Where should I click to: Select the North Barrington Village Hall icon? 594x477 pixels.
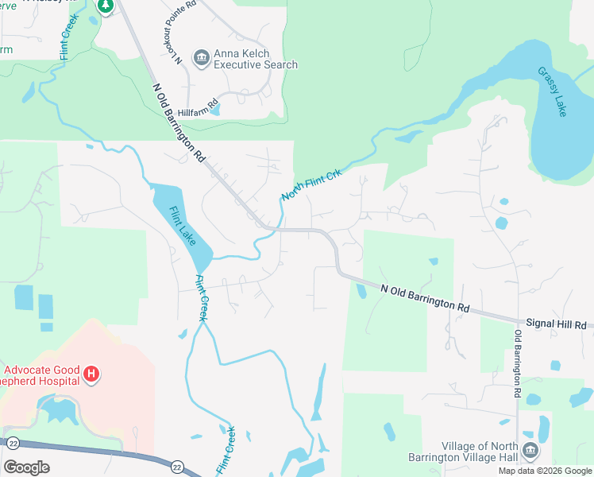tap(530, 451)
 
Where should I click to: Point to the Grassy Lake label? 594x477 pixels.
tap(553, 91)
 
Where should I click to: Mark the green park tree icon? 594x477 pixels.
tap(106, 6)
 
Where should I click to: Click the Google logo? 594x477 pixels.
tap(26, 467)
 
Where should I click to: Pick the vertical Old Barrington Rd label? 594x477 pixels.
tap(518, 363)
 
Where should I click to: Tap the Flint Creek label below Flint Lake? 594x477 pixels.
tap(202, 297)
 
